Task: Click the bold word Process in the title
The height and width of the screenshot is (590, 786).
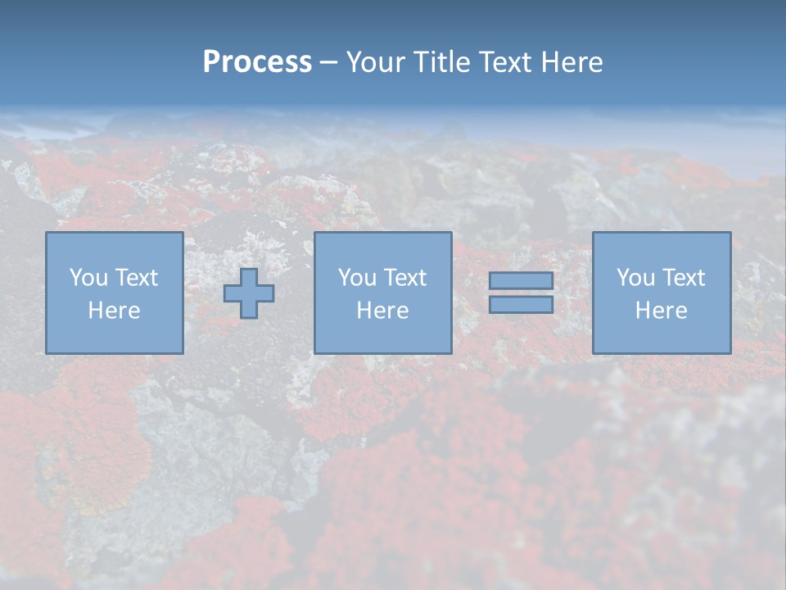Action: click(257, 62)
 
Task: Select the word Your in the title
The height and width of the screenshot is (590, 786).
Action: click(377, 62)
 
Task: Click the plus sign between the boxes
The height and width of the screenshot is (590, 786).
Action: click(249, 293)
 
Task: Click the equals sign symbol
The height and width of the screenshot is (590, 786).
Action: click(521, 293)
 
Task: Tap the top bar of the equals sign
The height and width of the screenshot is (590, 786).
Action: click(521, 280)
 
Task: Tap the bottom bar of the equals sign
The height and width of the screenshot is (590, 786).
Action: click(521, 305)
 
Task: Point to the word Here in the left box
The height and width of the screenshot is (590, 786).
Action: click(115, 311)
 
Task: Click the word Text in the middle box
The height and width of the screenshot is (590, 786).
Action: click(404, 278)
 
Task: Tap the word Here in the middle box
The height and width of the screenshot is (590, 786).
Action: click(382, 311)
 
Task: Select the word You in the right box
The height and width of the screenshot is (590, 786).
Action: click(635, 278)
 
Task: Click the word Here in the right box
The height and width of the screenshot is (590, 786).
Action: click(662, 311)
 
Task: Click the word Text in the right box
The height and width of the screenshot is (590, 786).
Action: click(683, 278)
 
